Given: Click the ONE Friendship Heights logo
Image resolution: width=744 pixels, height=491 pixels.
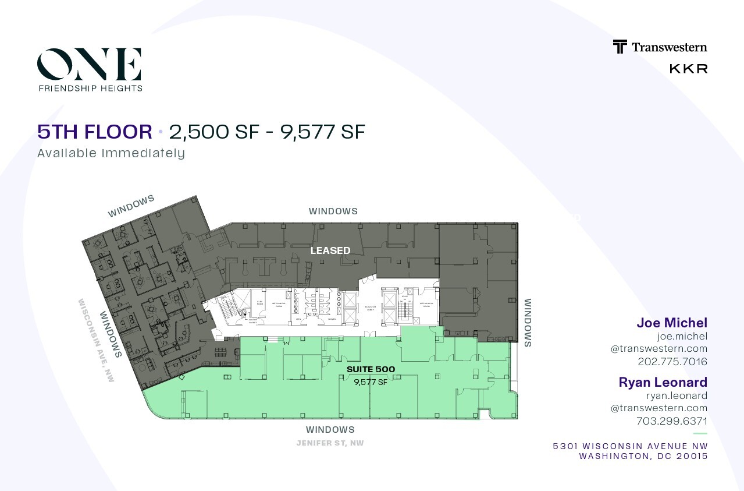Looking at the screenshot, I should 90,69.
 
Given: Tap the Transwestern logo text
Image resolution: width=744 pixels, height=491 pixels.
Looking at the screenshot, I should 669,47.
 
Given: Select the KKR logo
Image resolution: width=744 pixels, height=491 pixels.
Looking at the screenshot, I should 688,69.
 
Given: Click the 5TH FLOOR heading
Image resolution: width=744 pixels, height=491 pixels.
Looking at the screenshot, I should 95,132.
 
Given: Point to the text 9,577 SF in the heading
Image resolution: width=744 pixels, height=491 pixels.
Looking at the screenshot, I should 323,132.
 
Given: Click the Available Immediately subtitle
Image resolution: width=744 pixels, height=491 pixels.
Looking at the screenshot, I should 111,153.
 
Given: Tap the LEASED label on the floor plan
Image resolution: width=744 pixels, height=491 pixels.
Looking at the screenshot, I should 330,250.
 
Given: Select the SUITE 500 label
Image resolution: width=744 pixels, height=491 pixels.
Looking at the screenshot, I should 371,369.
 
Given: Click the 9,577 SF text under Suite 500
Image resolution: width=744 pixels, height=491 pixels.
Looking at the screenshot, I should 371,382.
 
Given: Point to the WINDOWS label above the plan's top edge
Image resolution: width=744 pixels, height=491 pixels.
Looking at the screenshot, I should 333,211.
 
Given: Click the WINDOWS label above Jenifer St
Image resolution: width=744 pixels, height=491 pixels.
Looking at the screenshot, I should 330,429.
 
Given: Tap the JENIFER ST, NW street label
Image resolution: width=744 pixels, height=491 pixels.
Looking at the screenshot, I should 330,443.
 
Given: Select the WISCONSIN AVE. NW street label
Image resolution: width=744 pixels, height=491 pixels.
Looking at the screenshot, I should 97,340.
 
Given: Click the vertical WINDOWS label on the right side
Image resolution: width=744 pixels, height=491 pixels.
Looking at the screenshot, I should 528,323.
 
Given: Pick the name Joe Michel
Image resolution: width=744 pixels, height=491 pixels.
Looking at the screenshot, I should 672,323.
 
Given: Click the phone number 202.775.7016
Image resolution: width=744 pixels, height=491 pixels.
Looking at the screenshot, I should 672,362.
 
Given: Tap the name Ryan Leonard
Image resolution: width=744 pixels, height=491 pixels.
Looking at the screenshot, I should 663,382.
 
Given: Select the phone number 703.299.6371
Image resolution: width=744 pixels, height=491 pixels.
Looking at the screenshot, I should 672,421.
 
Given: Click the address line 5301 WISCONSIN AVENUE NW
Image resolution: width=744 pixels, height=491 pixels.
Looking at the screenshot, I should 630,446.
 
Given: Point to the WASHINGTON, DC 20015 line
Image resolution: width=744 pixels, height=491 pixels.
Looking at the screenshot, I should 643,456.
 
